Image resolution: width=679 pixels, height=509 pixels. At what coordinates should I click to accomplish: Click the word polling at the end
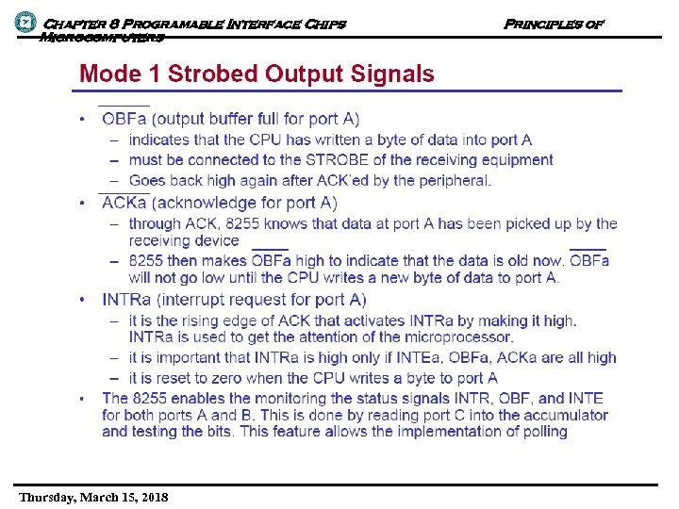540,431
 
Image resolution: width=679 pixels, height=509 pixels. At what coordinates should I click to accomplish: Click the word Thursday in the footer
48,497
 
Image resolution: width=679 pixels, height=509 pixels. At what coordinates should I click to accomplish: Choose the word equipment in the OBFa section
519,159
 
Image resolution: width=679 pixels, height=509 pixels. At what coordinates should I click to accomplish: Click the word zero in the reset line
233,377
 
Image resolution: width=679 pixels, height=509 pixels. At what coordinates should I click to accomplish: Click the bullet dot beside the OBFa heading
83,120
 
